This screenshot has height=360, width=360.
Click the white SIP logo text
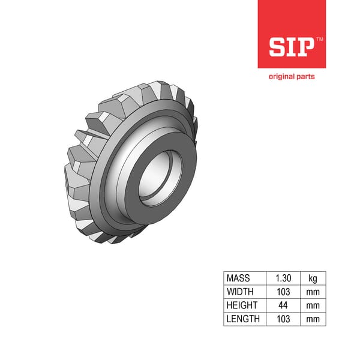291,46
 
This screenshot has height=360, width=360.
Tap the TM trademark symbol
319,39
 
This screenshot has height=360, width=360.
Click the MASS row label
238,278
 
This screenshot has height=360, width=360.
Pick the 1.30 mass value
283,278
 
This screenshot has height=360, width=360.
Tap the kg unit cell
313,278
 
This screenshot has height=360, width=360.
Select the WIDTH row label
240,292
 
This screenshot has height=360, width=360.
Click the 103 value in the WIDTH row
283,292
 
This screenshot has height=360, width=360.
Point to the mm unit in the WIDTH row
313,292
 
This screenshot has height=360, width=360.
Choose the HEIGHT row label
241,305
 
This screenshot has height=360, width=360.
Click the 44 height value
283,305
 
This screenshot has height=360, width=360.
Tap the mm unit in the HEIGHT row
313,305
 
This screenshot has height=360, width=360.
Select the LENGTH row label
242,319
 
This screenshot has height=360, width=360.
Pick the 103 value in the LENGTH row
283,319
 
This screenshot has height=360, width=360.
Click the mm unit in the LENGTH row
313,319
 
